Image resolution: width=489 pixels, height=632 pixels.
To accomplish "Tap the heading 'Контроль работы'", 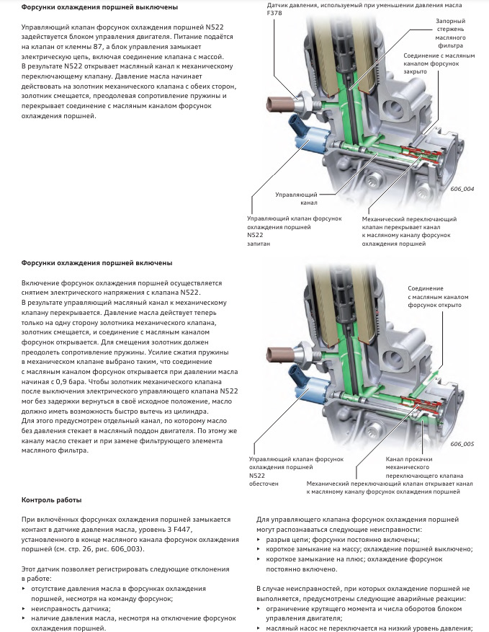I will (x=51, y=499).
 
